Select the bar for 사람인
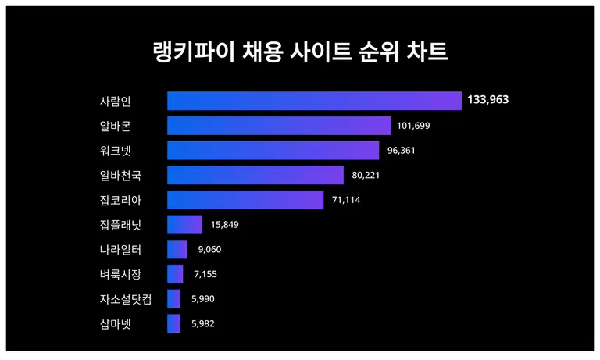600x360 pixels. point(314,101)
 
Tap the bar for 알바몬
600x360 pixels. point(279,126)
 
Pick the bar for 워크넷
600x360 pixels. point(273,151)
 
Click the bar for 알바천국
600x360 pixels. point(255,175)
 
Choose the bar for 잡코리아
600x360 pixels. point(245,200)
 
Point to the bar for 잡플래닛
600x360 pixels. point(184,225)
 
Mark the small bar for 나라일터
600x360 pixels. point(177,250)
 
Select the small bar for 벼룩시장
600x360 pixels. point(175,274)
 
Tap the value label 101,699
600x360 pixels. point(413,126)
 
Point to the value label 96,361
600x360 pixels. point(399,151)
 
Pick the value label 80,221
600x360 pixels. point(366,175)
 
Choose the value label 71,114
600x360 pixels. point(346,200)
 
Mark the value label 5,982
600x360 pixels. point(203,324)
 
